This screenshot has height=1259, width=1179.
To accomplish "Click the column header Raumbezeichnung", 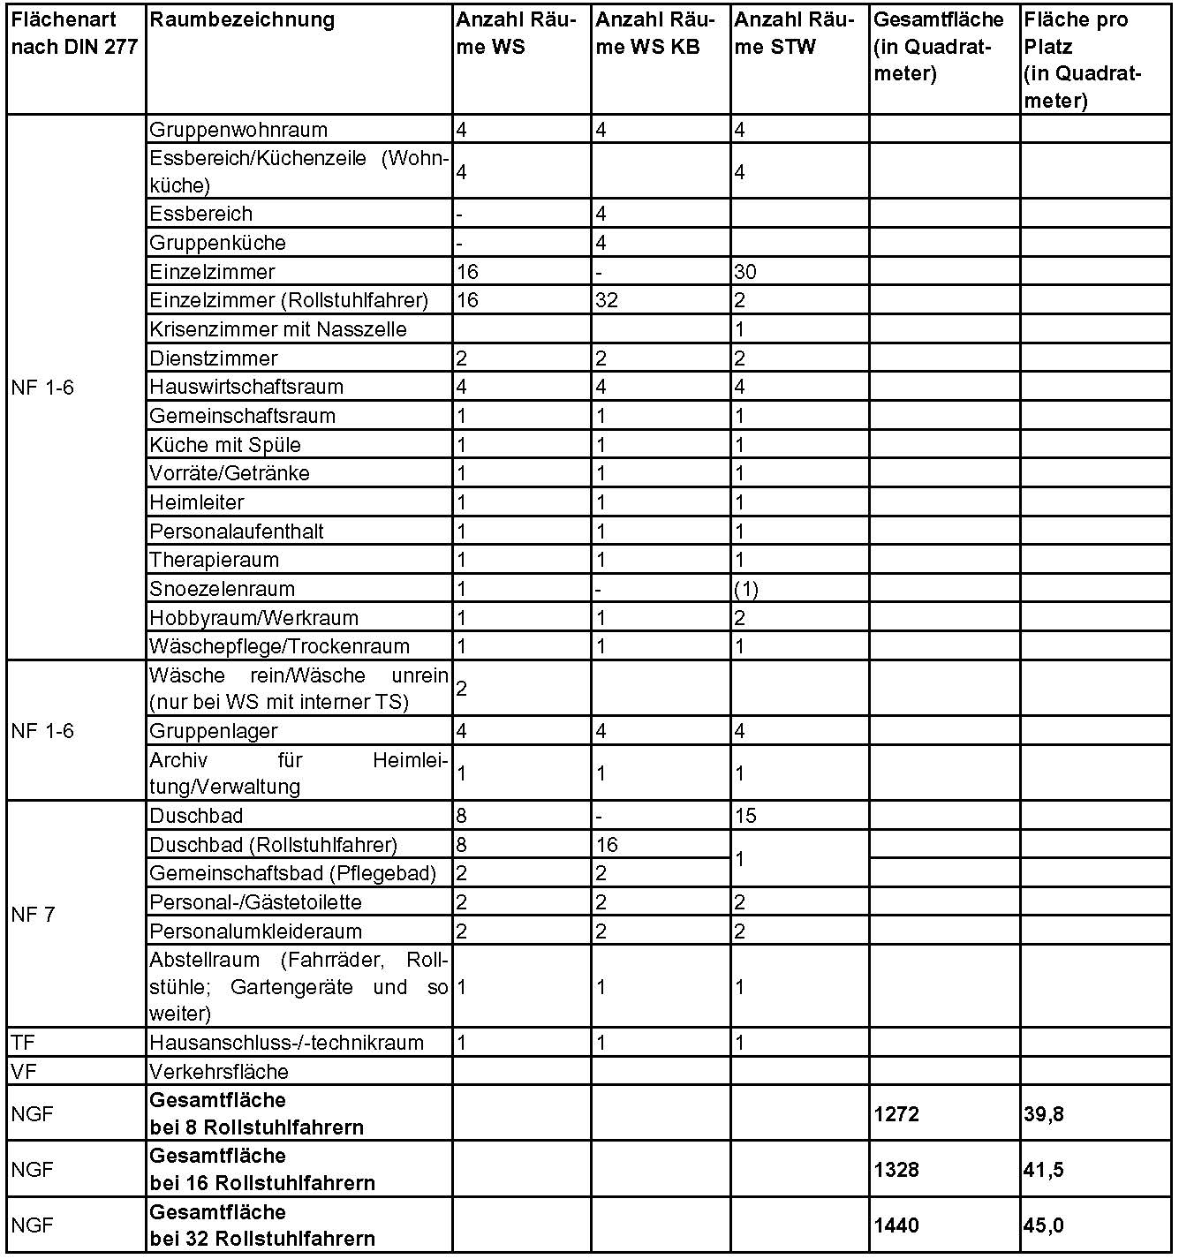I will coord(242,20).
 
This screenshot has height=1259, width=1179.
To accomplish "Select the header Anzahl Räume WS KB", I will coord(660,34).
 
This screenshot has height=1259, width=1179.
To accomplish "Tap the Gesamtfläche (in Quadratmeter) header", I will coord(938,46).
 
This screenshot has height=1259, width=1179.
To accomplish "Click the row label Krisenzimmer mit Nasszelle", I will coord(278,330).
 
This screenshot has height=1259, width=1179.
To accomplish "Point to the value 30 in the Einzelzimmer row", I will coord(745,272).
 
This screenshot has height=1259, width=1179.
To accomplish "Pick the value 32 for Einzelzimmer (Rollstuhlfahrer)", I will coord(607,301).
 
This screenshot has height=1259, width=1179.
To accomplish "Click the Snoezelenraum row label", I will coord(223,589).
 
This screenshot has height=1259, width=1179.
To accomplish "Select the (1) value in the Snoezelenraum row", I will coord(746,589).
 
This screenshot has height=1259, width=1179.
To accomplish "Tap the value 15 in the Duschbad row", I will coord(745,816).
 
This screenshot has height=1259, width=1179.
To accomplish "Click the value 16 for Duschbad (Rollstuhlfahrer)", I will coord(607,845).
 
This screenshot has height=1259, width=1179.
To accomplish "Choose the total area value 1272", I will coord(896,1114).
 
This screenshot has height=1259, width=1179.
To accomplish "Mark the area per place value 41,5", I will coord(1043,1170).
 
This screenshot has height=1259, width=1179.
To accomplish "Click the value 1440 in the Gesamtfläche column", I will coord(896,1225).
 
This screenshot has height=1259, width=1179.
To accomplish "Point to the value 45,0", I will coord(1043,1225).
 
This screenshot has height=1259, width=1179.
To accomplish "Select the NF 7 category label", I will coord(34,915).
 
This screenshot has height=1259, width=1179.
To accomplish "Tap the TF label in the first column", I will coord(23,1043).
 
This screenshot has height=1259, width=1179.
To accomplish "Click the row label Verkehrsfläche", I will coord(219,1072).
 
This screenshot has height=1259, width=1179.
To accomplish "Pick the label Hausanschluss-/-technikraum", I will coord(286,1043).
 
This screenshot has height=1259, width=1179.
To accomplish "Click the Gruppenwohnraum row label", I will coord(238,130).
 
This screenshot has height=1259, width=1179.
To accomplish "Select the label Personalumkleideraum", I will coord(255,931).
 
